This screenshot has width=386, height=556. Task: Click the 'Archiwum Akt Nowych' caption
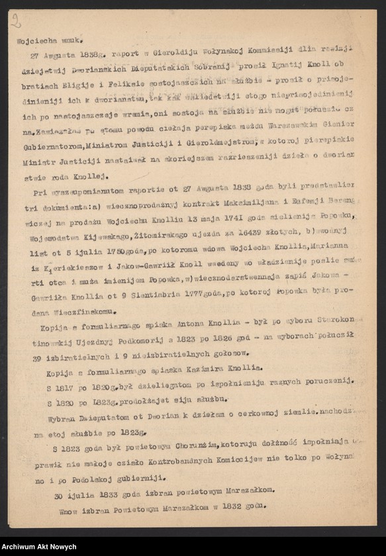click(x=38, y=547)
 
